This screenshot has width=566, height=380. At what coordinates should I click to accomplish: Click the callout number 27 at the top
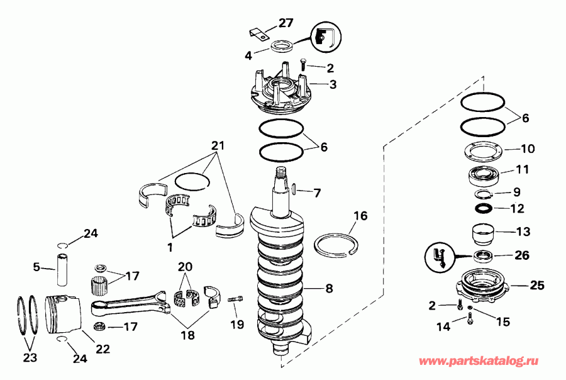[x=286, y=23]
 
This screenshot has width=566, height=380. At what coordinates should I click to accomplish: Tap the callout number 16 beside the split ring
[x=360, y=216]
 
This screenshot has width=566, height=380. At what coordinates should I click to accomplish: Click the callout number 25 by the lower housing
[x=535, y=286]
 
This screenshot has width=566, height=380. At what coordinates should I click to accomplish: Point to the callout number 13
[x=523, y=231]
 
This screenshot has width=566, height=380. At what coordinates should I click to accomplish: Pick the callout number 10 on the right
[x=527, y=149]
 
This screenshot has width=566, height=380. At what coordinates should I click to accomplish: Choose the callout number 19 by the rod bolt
[x=237, y=325]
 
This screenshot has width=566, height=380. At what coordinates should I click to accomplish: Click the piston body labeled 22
[x=64, y=313]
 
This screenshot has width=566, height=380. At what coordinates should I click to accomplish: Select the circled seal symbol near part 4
[x=323, y=37]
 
